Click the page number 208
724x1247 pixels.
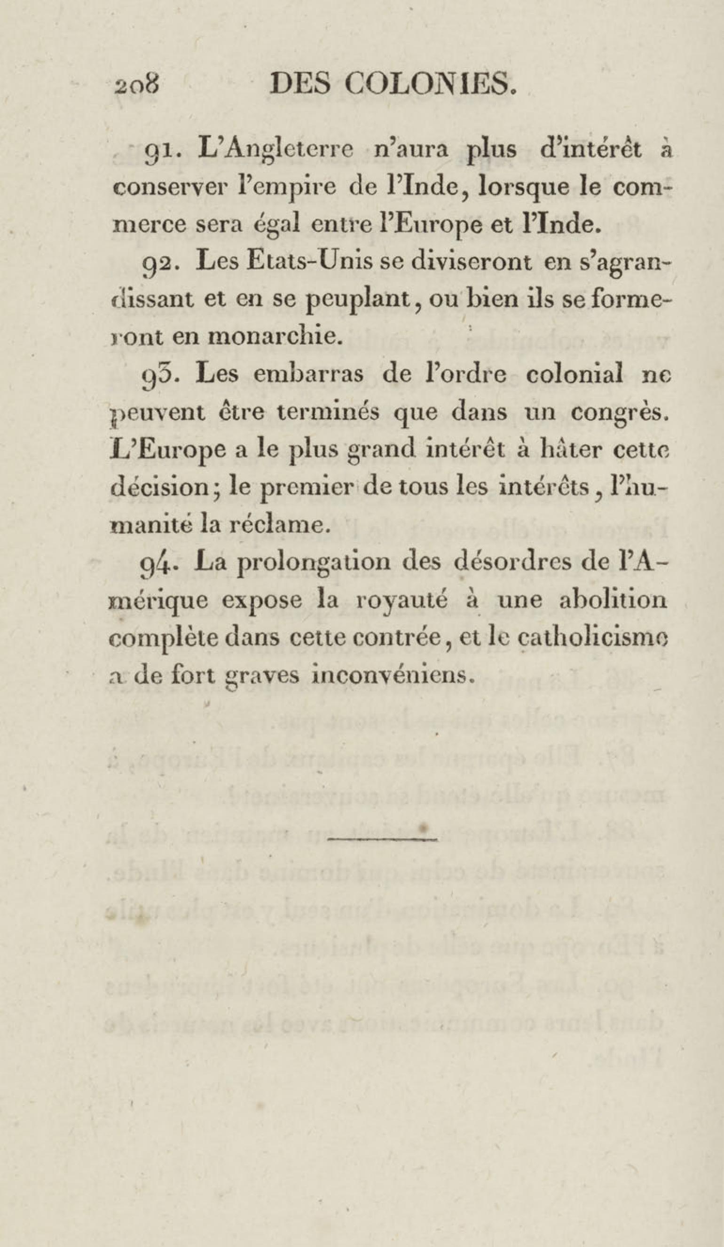pyautogui.click(x=135, y=87)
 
